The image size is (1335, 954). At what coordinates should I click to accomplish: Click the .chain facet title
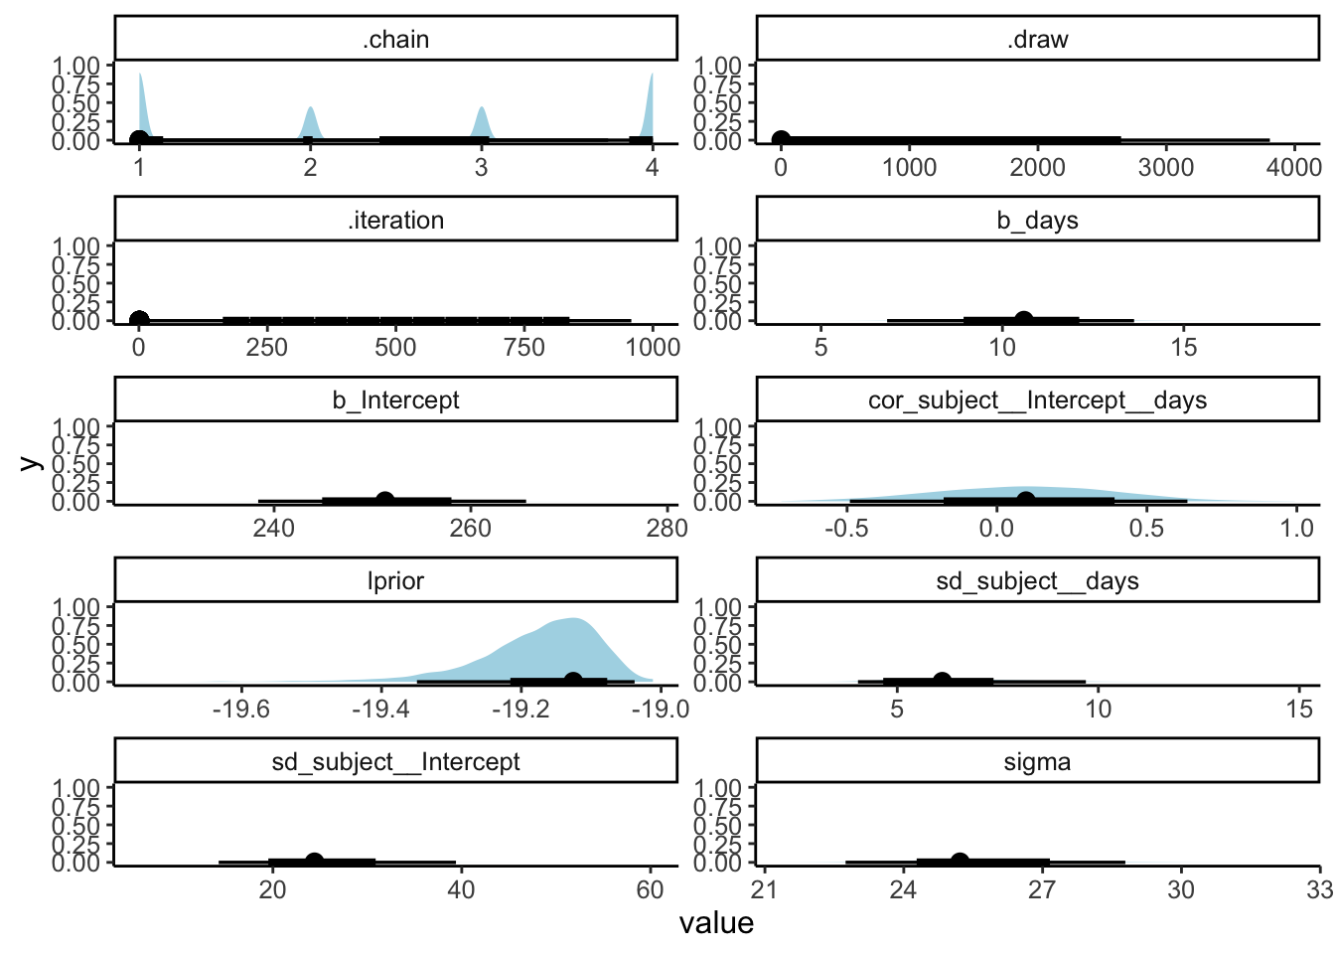[x=395, y=40]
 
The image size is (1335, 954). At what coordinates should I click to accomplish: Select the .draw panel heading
[x=1037, y=40]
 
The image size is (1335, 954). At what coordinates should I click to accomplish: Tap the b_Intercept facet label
[x=395, y=400]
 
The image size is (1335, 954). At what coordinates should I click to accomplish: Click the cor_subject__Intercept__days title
[x=1037, y=400]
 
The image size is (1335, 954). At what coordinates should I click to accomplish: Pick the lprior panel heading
[x=395, y=581]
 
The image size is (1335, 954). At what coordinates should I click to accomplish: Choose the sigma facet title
[x=1037, y=762]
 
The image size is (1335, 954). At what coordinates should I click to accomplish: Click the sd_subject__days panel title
[x=1037, y=581]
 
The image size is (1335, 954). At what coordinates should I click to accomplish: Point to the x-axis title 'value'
[x=716, y=923]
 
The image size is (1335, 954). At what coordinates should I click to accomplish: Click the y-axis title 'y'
[x=29, y=462]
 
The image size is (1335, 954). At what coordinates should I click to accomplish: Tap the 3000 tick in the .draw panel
[x=1166, y=167]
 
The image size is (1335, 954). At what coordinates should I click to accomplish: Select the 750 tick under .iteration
[x=523, y=347]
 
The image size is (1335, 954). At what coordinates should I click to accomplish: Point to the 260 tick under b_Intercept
[x=470, y=528]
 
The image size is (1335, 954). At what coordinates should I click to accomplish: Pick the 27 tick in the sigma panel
[x=1042, y=889]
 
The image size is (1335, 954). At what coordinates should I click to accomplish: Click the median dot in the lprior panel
[x=573, y=681]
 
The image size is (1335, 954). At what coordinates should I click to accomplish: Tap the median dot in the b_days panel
[x=1023, y=320]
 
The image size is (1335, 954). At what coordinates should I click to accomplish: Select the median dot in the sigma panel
[x=960, y=862]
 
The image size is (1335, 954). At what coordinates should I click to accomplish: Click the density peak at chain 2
[x=310, y=107]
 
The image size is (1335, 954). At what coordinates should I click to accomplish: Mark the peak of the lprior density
[x=573, y=619]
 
